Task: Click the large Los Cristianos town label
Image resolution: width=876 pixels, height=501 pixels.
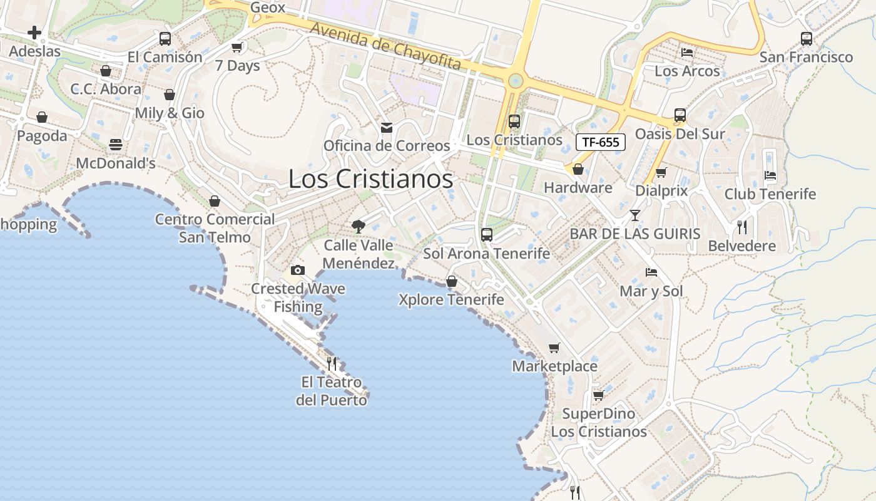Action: pos(370,179)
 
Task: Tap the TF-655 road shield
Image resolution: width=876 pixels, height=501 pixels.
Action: pos(600,142)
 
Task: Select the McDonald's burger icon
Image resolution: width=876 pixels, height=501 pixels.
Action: pos(116,145)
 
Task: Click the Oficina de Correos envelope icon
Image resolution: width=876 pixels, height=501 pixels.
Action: pos(387,128)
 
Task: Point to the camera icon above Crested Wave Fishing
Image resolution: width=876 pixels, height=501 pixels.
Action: pos(298,270)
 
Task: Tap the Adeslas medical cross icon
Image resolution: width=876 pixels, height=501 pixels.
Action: pos(34,33)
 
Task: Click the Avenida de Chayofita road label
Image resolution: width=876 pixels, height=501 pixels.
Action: pos(385,46)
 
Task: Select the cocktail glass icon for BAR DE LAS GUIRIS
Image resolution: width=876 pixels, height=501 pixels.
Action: pos(635,215)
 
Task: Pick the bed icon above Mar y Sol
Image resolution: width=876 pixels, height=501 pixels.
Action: pos(651,272)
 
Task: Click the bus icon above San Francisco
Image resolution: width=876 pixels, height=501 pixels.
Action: pos(807,39)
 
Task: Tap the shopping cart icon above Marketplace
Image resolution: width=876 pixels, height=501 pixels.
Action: pos(554,348)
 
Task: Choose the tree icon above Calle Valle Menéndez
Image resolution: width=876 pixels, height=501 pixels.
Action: pos(359,226)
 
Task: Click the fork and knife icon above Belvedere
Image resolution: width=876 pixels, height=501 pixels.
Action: pos(742,227)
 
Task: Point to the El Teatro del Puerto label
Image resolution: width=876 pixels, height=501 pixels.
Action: pos(332,391)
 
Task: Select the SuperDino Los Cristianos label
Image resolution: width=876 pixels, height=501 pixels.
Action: pos(599,423)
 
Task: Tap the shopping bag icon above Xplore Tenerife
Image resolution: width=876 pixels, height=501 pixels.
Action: pos(451,281)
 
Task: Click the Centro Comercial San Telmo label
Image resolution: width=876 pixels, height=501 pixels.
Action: pos(215,228)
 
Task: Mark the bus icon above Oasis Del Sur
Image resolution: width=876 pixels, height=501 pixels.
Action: pos(680,115)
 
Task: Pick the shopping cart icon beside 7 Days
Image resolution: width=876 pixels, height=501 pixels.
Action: pos(237,47)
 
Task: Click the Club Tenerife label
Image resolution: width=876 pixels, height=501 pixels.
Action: pos(770,194)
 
